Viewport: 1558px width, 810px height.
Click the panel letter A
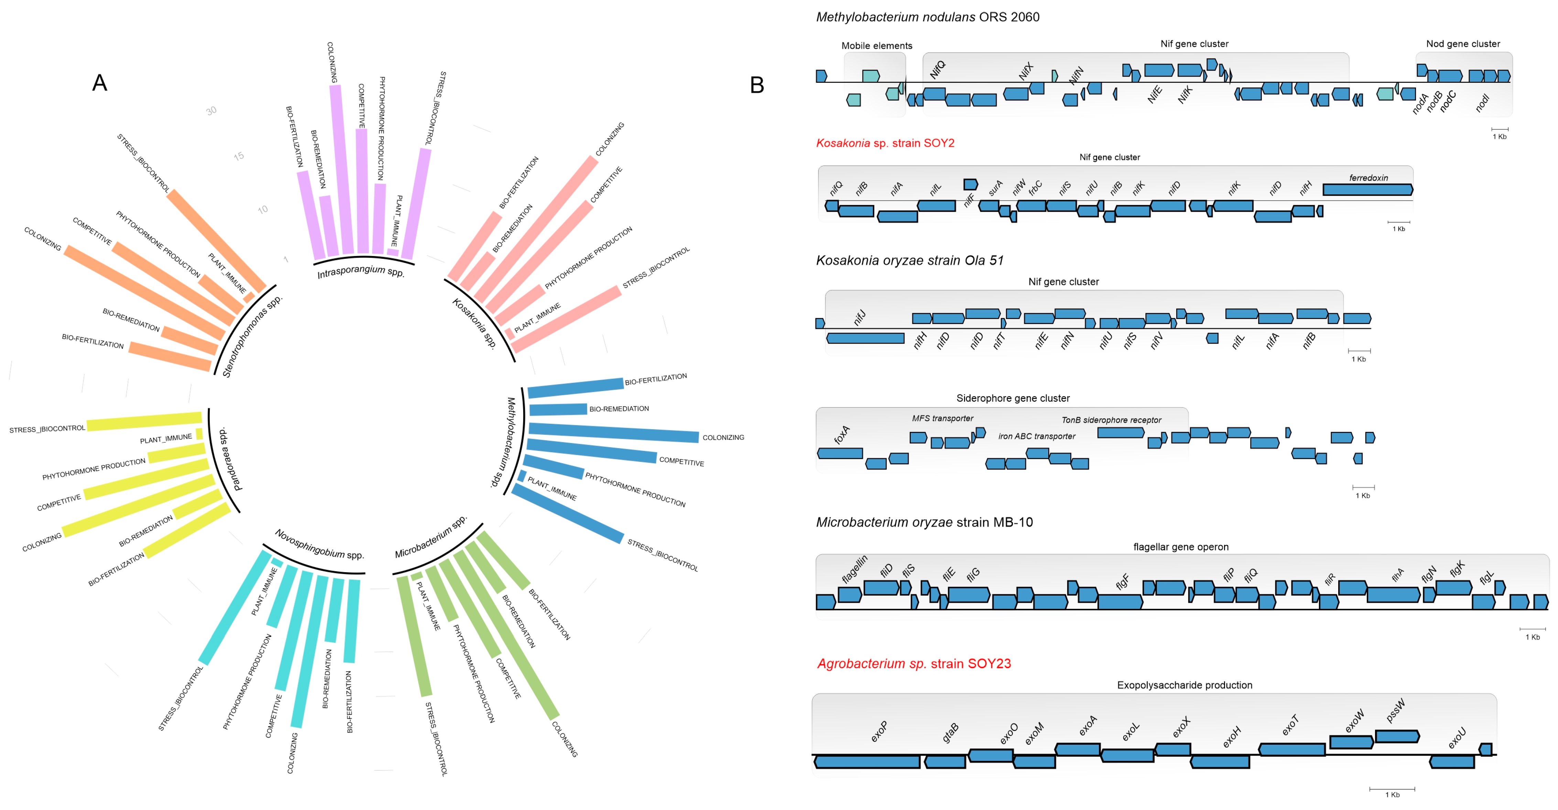[100, 83]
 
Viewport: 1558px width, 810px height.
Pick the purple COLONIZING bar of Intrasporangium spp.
[342, 169]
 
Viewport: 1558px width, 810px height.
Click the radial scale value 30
[211, 111]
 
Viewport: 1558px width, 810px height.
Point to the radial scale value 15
[239, 156]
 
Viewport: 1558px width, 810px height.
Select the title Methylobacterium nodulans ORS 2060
[927, 17]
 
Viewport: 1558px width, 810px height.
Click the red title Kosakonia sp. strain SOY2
[885, 143]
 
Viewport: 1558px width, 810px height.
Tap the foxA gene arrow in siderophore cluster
[840, 453]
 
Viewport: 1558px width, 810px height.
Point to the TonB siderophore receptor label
[1111, 420]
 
